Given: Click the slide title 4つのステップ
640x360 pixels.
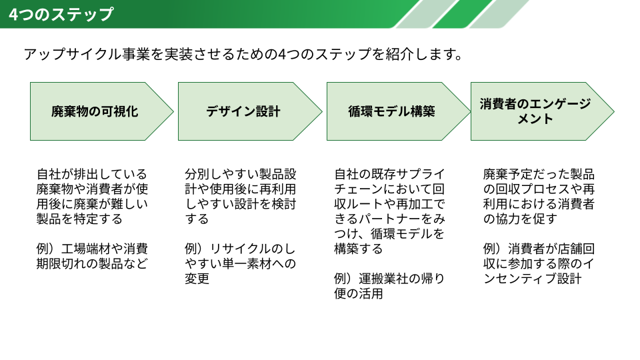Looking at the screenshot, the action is pos(61,14).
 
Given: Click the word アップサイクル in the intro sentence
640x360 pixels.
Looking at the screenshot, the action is pos(72,54).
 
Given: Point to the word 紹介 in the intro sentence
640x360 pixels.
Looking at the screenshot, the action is pos(400,54).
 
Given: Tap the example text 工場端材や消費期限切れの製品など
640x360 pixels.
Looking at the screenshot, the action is pos(92,256).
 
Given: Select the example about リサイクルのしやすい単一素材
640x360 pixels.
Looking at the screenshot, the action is pos(240,264).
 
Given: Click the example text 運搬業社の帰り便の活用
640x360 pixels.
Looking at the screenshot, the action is pos(389,286).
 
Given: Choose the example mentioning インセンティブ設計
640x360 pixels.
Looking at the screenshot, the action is pos(539,264).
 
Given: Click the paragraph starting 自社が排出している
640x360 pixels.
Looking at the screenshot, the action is pos(92,197).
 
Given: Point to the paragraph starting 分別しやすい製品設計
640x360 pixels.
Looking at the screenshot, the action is pos(241,197).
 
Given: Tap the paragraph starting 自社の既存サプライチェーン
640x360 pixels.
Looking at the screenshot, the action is pos(389,211).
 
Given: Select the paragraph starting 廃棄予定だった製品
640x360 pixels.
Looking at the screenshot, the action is pos(539,197).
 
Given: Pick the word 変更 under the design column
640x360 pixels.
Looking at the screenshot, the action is pos(197,279).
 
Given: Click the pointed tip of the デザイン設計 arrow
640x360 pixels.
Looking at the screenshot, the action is pos(322,111).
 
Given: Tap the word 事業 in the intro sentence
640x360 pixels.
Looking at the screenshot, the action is pos(136,54).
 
